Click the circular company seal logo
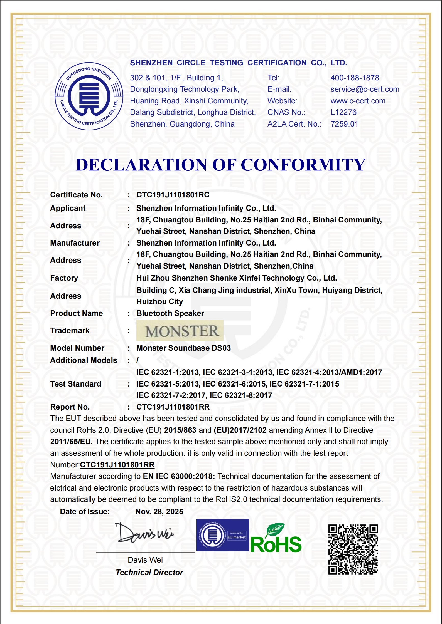click(x=89, y=96)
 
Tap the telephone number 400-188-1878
click(x=355, y=78)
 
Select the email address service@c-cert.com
click(x=365, y=89)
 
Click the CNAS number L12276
click(x=343, y=112)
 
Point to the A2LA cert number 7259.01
click(x=344, y=124)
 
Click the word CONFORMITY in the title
click(x=303, y=165)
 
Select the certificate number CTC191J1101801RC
click(x=173, y=195)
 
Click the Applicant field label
click(x=68, y=208)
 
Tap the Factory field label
click(x=64, y=278)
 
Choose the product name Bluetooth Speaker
click(x=170, y=313)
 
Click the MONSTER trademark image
click(x=180, y=331)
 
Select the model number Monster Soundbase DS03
click(x=183, y=348)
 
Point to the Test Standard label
click(x=75, y=384)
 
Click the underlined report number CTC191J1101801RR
click(x=117, y=465)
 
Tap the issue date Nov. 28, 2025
click(x=159, y=512)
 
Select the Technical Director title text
click(x=149, y=573)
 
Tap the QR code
click(x=353, y=549)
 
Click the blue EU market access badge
click(x=222, y=536)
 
